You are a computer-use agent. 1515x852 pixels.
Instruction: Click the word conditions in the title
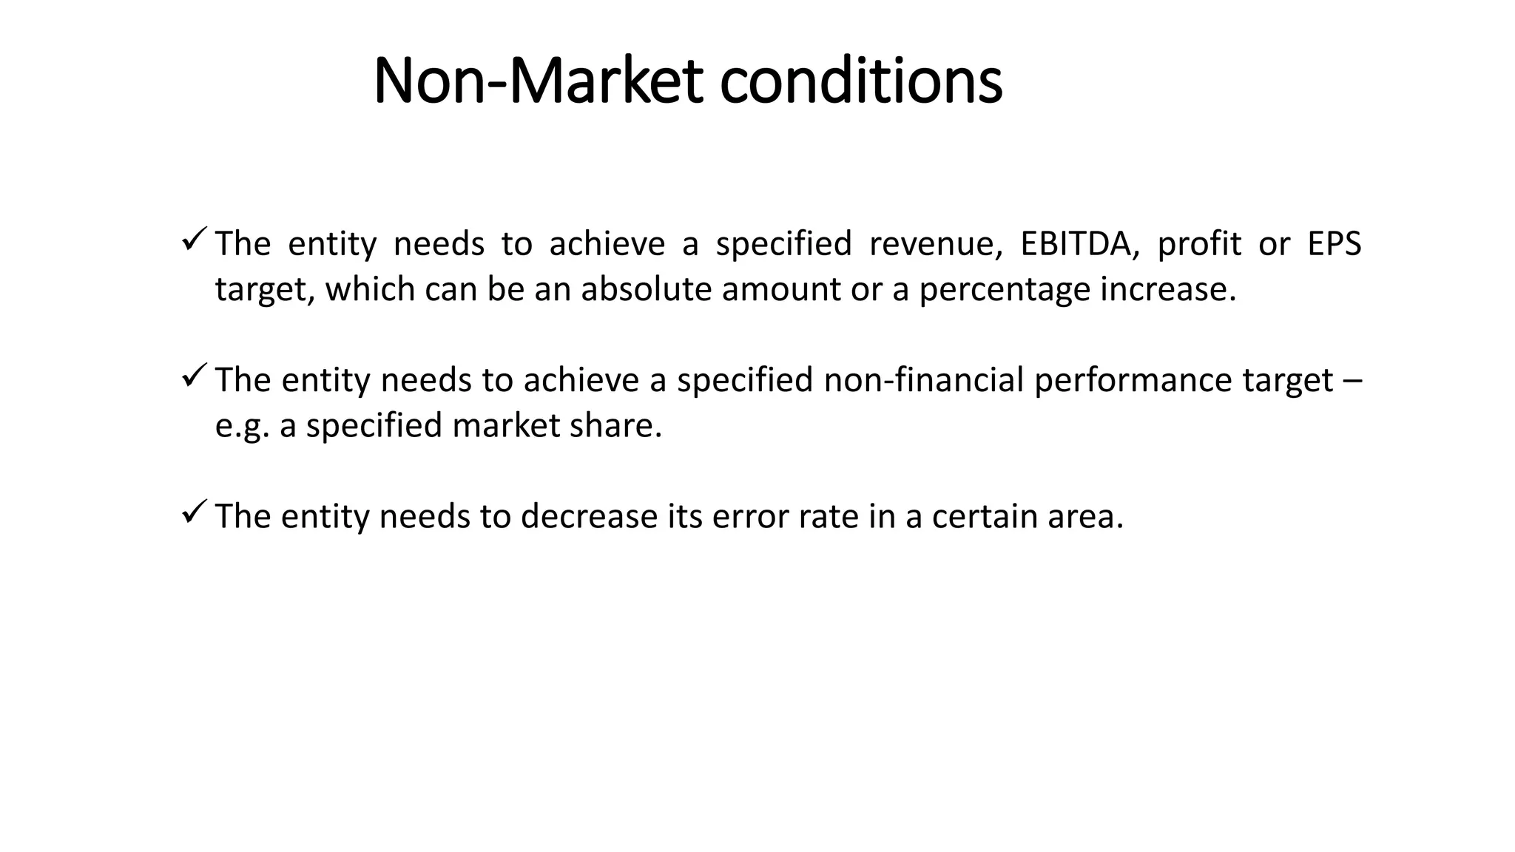(861, 81)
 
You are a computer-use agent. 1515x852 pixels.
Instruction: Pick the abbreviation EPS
(1334, 244)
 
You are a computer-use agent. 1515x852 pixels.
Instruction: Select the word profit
(1199, 244)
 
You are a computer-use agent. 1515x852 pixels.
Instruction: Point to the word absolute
(646, 289)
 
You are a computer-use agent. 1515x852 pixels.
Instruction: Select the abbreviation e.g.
(242, 426)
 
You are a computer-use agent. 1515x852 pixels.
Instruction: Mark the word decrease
(589, 516)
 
